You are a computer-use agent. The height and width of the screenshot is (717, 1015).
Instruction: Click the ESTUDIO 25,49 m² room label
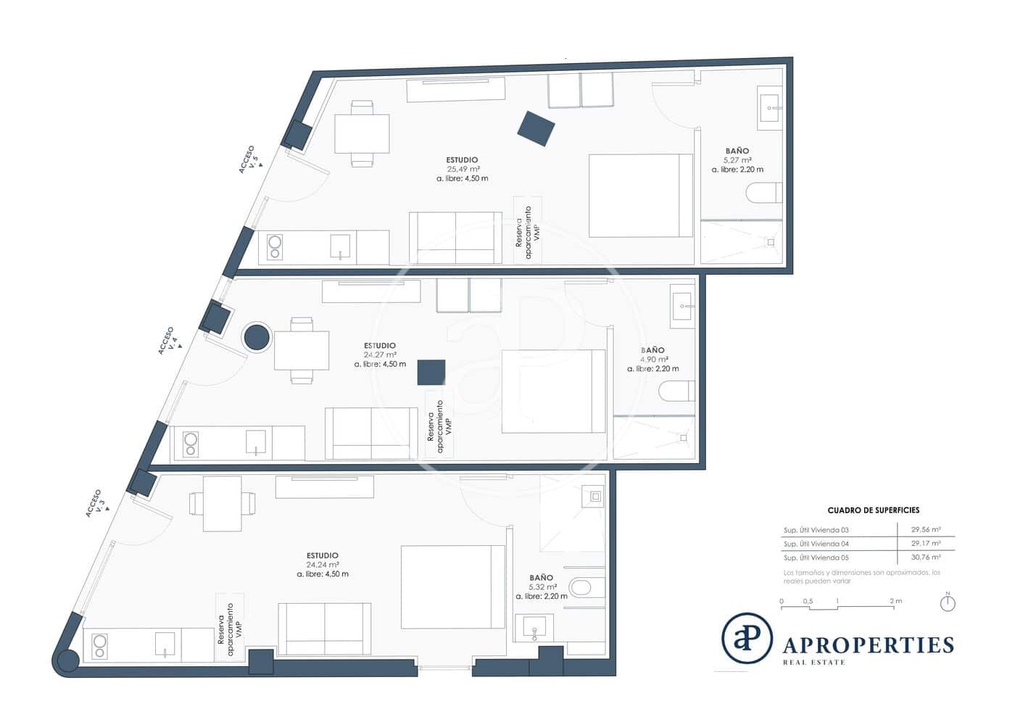click(x=462, y=168)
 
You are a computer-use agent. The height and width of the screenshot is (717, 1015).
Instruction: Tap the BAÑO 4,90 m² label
click(x=654, y=359)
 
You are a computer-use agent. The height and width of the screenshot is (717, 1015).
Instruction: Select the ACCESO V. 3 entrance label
click(x=96, y=502)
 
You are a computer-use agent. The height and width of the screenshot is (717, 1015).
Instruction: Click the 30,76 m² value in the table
click(x=926, y=558)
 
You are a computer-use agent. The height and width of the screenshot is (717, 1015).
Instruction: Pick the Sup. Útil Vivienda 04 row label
click(x=816, y=544)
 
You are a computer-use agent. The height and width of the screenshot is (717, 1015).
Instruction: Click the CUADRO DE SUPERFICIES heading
click(x=873, y=510)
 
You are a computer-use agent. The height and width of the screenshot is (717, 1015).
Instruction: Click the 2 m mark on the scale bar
click(x=895, y=601)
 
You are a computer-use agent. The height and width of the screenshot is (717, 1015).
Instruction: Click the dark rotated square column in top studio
click(x=536, y=128)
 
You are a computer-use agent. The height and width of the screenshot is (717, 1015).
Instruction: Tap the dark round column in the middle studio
click(x=256, y=338)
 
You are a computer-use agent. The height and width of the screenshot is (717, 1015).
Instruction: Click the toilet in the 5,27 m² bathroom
click(x=764, y=193)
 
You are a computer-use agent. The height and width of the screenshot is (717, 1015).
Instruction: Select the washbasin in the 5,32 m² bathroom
click(x=534, y=628)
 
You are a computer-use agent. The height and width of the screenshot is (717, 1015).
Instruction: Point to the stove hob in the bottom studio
click(x=99, y=645)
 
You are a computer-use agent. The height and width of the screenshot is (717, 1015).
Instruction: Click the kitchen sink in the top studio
click(x=340, y=246)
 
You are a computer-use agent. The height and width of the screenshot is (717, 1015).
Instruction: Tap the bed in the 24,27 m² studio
click(x=554, y=391)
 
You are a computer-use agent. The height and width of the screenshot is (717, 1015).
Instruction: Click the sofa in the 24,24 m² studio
click(x=324, y=628)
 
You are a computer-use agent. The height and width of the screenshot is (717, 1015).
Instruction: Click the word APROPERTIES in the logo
click(x=868, y=645)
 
